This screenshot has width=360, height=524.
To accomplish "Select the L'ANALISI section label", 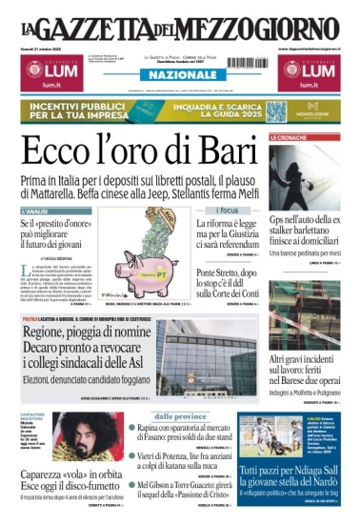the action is coord(35,211).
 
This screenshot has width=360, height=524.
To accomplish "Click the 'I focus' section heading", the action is coord(228,210).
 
